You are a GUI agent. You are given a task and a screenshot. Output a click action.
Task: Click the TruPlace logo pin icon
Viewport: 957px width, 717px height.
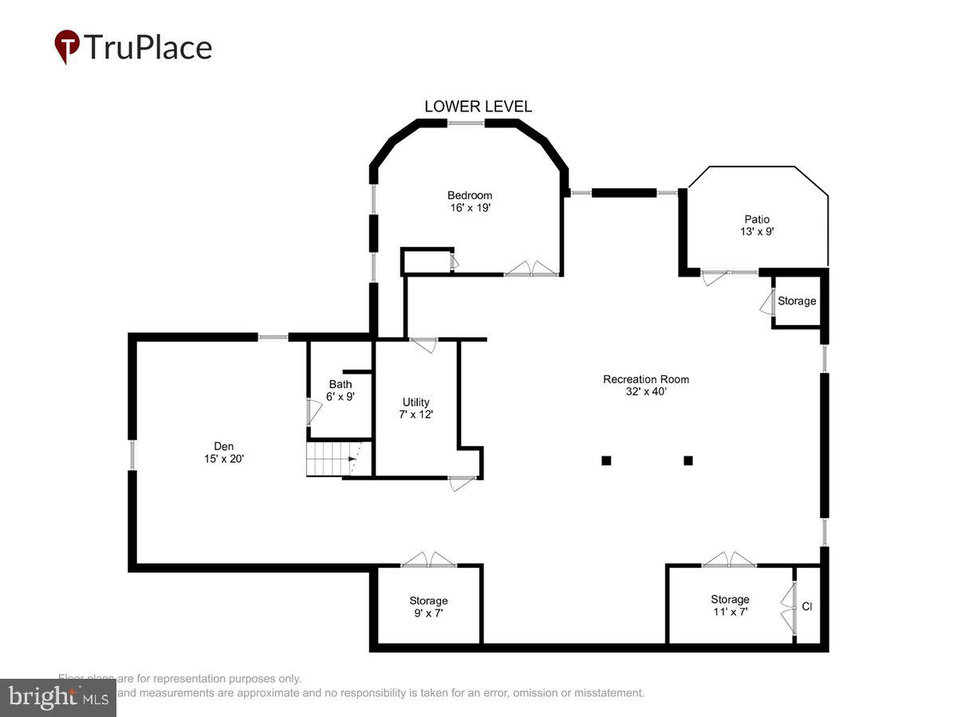point(67,46)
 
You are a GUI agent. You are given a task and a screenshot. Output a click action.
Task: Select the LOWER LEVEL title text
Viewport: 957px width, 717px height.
point(478,107)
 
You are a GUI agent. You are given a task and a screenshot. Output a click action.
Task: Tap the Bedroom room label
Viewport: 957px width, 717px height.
point(470,195)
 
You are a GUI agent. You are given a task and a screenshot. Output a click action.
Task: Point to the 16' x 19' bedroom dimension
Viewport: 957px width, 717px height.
point(470,208)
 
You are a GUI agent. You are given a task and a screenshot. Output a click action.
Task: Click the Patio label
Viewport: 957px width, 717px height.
point(758,219)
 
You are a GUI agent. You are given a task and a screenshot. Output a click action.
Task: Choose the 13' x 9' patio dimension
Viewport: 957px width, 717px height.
point(758,232)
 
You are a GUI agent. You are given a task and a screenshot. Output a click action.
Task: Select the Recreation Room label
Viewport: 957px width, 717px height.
point(646,379)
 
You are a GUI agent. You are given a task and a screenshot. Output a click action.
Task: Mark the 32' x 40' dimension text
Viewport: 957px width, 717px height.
point(646,391)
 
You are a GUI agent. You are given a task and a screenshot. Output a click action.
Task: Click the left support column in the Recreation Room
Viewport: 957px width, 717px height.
point(606,460)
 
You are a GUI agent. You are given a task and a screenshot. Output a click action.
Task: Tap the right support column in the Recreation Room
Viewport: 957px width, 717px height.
point(688,460)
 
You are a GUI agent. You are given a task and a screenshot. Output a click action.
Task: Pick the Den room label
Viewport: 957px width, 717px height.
point(223,446)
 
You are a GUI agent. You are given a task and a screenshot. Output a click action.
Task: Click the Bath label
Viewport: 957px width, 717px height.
point(341,384)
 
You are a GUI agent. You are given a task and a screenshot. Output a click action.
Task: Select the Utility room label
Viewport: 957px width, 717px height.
point(416,402)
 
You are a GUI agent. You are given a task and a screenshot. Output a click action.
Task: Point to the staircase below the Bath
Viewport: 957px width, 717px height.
point(329,460)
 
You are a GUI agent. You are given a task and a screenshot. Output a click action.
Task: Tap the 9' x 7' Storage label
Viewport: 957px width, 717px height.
point(429,601)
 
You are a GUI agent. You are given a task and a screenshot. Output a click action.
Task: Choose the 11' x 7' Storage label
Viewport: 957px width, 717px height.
point(731,599)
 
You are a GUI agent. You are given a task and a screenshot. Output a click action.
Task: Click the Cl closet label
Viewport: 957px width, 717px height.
point(807,607)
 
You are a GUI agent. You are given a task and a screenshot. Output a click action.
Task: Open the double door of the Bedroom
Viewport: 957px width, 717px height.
point(532,269)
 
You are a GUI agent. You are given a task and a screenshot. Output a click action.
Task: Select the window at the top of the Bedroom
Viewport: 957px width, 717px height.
point(467,123)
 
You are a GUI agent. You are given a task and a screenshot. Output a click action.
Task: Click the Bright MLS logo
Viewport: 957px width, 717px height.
point(57,698)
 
